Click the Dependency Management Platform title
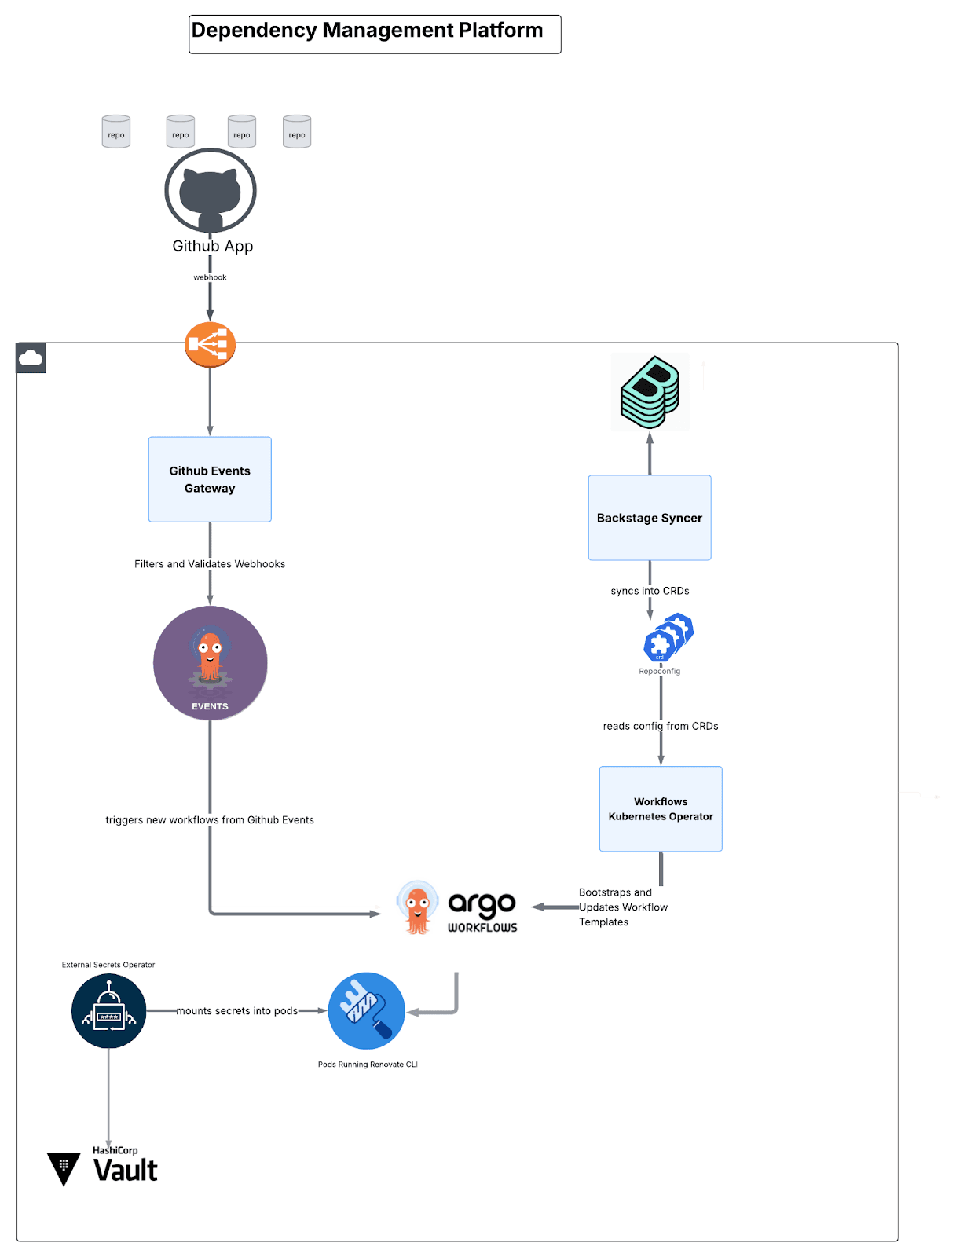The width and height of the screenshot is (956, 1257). click(367, 31)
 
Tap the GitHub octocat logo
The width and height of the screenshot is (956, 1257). click(210, 191)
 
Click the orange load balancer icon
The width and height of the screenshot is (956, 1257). click(210, 344)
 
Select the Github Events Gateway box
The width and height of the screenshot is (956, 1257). click(210, 479)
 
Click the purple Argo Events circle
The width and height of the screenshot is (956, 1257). click(210, 663)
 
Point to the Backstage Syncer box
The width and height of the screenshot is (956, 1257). click(650, 518)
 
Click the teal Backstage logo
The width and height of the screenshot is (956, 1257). click(650, 392)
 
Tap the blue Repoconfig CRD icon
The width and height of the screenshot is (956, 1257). click(668, 638)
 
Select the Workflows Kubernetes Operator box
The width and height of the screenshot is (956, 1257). click(661, 808)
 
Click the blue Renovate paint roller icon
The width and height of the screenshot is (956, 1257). click(366, 1010)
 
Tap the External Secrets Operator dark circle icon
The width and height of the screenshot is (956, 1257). click(108, 1010)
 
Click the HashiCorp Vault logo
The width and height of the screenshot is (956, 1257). click(104, 1168)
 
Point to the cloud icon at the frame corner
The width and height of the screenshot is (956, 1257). click(31, 358)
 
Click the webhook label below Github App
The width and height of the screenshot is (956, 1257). click(210, 277)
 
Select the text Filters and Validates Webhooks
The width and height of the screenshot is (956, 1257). click(210, 564)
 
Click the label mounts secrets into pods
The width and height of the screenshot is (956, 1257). click(236, 1011)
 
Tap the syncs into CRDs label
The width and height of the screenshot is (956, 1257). click(650, 591)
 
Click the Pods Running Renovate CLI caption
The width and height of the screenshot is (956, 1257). click(368, 1065)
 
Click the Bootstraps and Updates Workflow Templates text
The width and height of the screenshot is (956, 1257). click(622, 907)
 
